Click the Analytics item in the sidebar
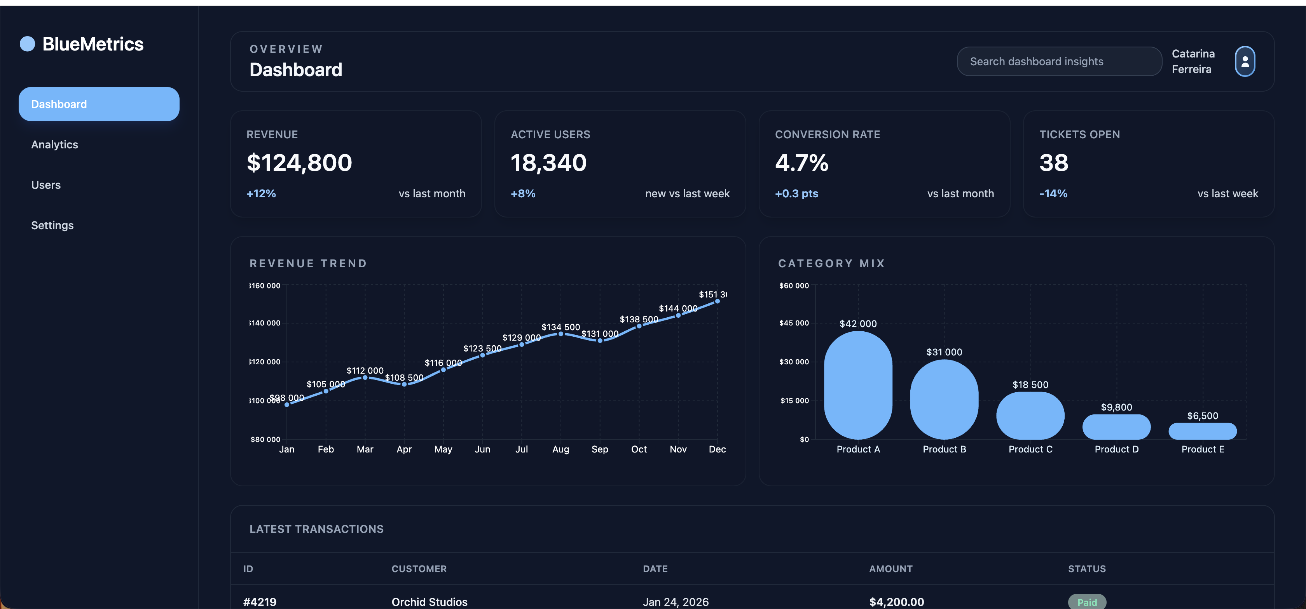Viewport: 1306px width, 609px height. [x=55, y=145]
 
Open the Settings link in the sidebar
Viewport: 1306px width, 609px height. [x=52, y=225]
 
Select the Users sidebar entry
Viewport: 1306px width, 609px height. [x=46, y=185]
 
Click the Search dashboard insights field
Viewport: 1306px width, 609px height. [x=1058, y=62]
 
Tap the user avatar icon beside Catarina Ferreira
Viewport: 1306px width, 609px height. [x=1245, y=62]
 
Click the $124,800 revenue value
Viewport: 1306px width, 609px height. [x=299, y=163]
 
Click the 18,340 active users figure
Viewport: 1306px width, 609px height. [x=548, y=163]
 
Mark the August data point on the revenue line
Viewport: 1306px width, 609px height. [x=561, y=334]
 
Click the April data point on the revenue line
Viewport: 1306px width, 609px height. [x=404, y=385]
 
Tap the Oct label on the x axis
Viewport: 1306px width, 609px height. [x=639, y=449]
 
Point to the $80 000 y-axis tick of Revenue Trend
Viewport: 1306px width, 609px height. [x=265, y=440]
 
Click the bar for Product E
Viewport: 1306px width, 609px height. [x=1202, y=432]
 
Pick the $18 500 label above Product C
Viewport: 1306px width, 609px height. [x=1030, y=385]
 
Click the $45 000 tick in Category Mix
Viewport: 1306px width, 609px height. [x=794, y=323]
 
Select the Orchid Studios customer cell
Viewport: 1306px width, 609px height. [x=430, y=602]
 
